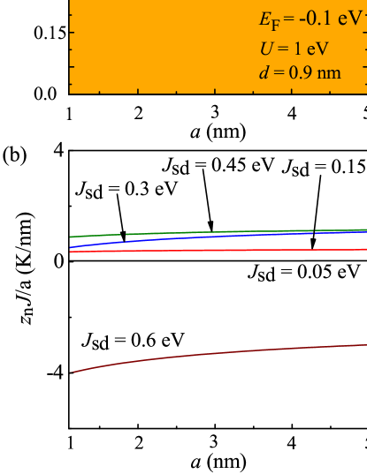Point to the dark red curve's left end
coord(73,372)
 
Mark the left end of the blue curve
coord(71,249)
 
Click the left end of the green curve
coord(71,237)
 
